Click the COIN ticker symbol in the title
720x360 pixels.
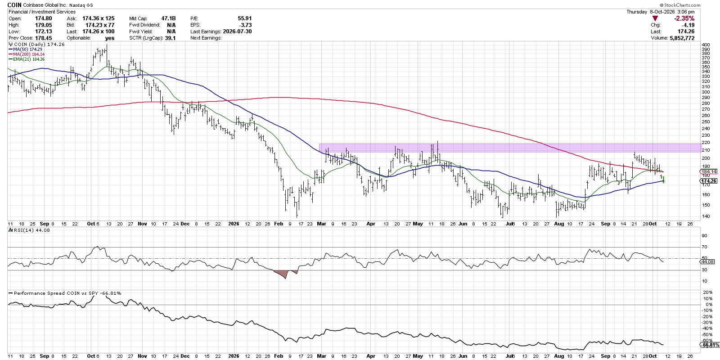click(14, 5)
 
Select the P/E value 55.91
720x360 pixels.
click(245, 18)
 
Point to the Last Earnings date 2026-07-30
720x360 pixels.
click(237, 31)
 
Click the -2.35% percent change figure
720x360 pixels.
click(684, 18)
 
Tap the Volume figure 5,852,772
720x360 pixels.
click(682, 38)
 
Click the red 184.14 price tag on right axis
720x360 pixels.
click(709, 171)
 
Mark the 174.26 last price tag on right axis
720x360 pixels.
click(709, 181)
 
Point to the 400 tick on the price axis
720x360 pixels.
click(706, 45)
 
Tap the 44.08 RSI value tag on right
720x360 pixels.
click(709, 261)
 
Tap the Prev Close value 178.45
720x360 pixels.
click(44, 38)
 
